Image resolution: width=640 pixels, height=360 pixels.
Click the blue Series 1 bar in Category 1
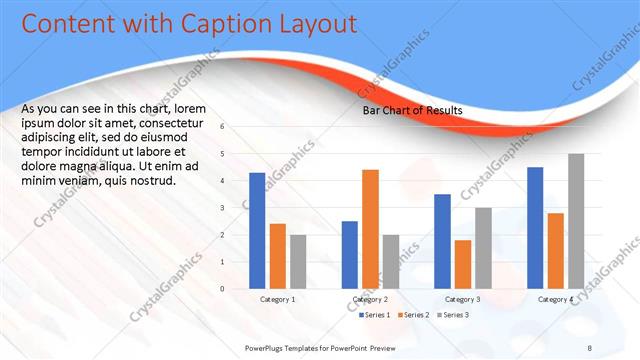tap(257, 231)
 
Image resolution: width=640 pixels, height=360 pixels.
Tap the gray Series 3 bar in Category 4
tap(576, 221)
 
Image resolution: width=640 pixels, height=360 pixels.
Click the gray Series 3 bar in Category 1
tap(298, 262)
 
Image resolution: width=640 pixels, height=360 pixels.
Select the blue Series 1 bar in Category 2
tap(349, 255)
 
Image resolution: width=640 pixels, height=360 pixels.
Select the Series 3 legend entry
tap(452, 315)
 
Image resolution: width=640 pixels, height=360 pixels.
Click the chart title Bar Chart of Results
tap(412, 111)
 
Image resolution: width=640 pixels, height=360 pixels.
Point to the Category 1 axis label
tap(278, 299)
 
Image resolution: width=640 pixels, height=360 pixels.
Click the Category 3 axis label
tap(462, 299)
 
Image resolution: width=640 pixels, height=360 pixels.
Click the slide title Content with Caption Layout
tap(189, 23)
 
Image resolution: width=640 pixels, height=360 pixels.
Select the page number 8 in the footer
tap(591, 346)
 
